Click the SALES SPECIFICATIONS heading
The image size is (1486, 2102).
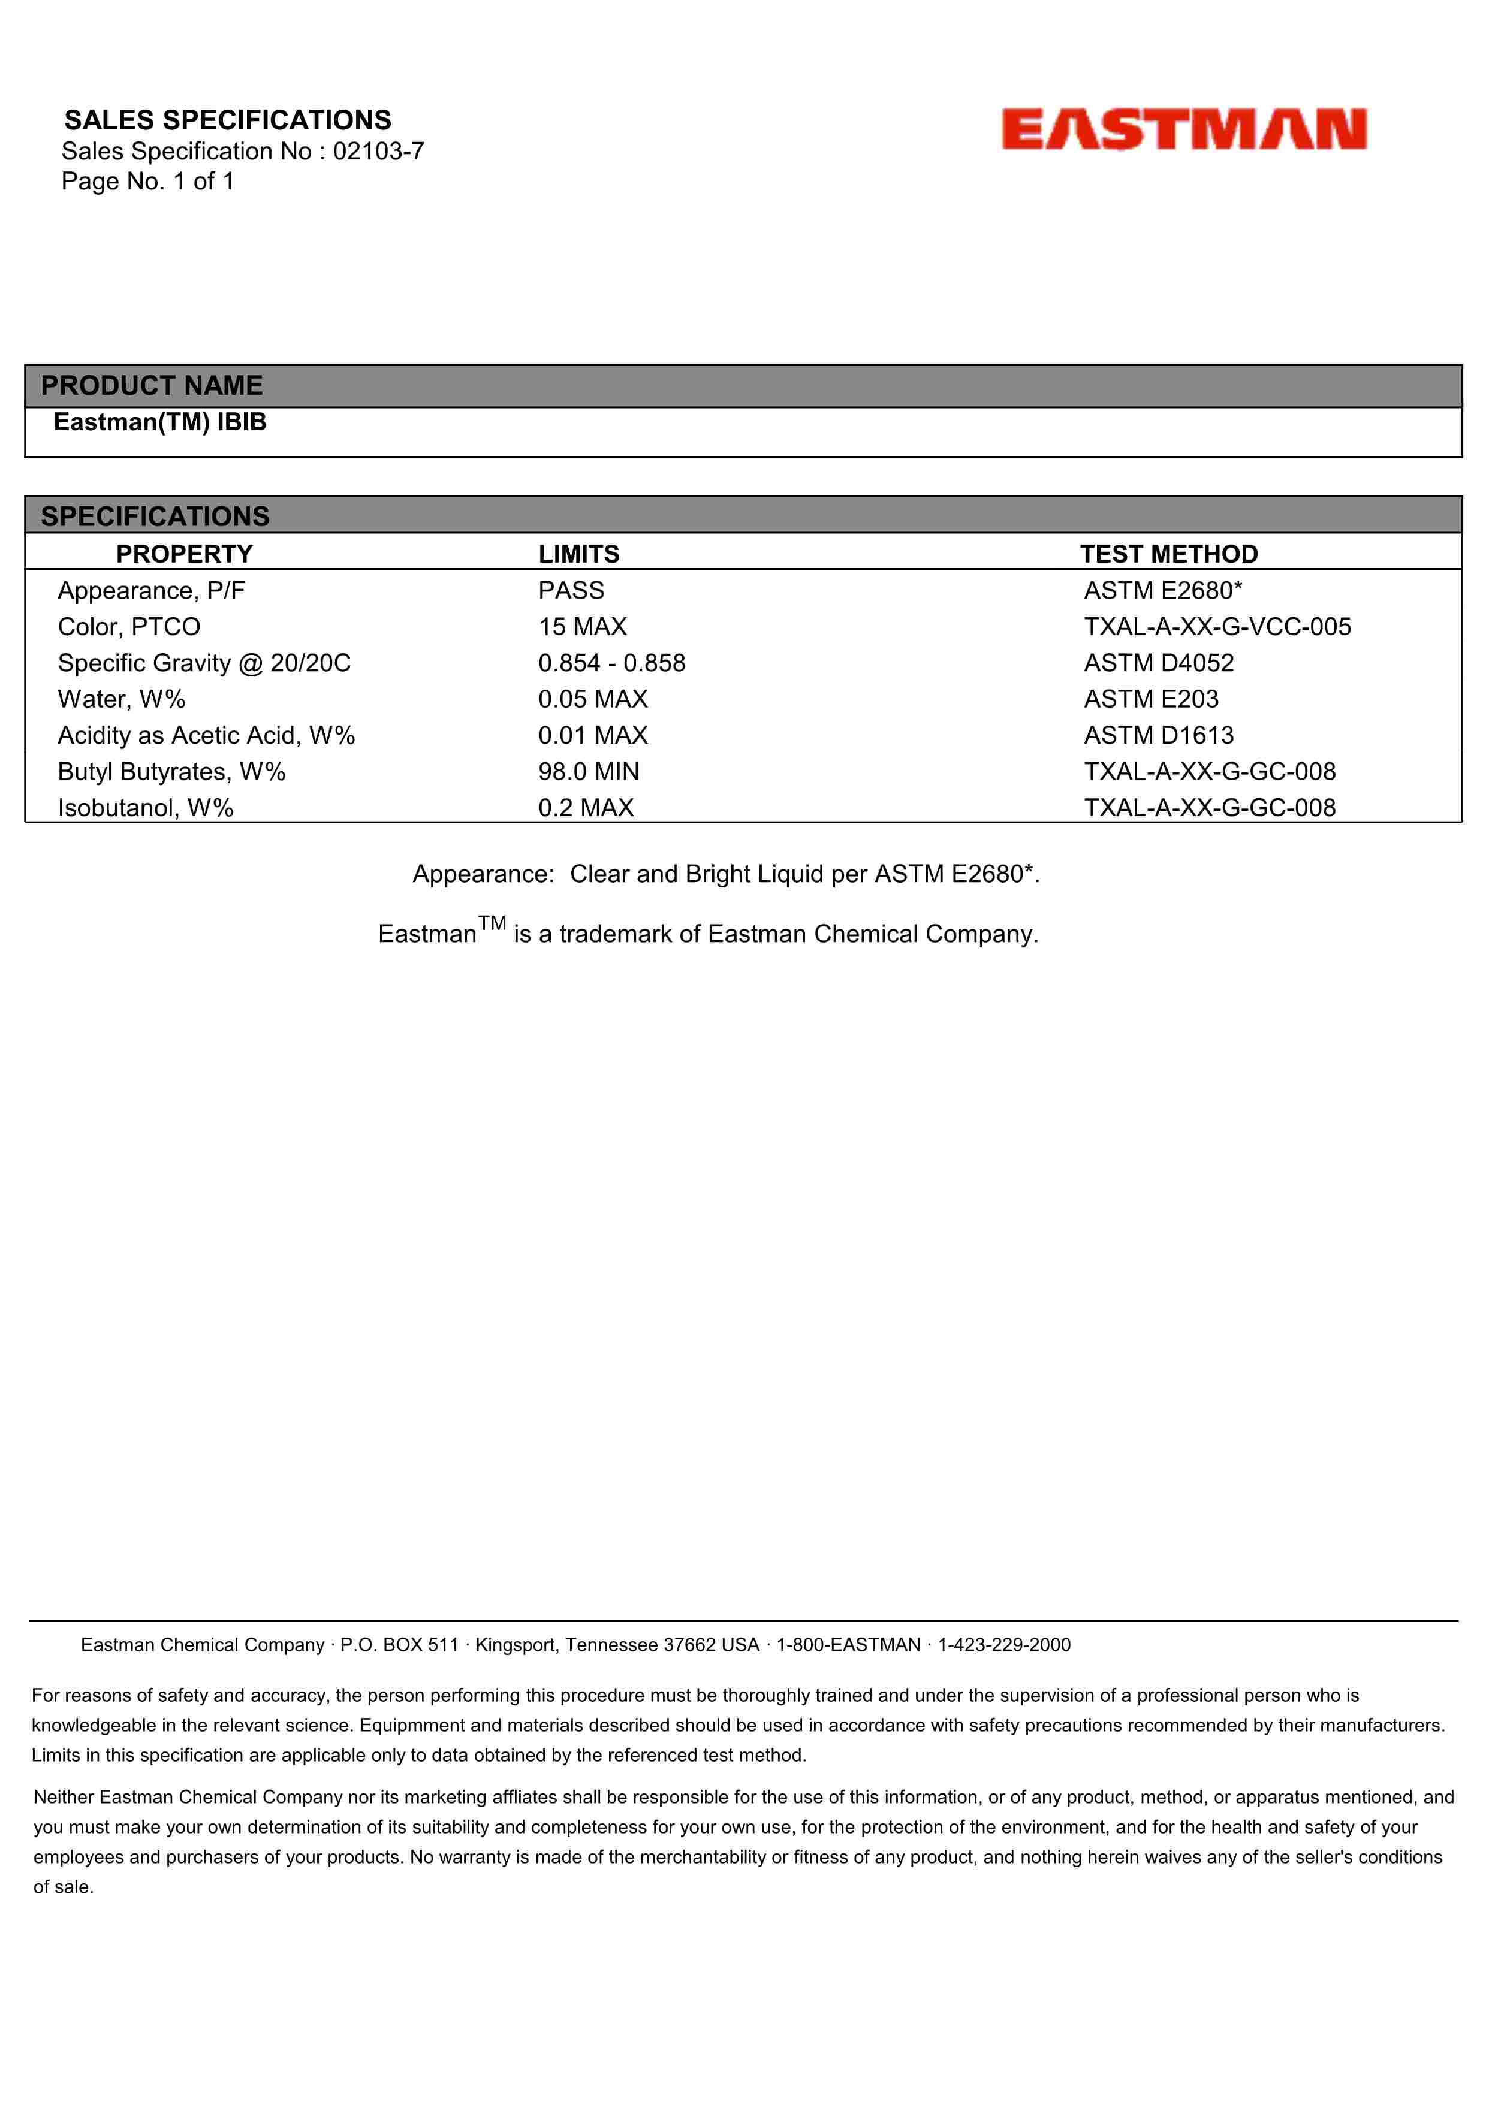pos(227,120)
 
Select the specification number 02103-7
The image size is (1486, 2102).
pos(378,151)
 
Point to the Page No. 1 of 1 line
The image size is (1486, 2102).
pos(147,182)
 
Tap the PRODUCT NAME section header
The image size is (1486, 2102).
pos(152,385)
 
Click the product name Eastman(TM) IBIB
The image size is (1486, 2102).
pos(160,422)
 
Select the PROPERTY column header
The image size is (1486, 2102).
pos(184,554)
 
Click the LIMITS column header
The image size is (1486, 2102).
pos(578,554)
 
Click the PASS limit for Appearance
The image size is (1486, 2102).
pos(571,590)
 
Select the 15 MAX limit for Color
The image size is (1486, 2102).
pos(582,626)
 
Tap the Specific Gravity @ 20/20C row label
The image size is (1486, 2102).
pos(204,663)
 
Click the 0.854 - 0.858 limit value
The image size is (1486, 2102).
pos(611,663)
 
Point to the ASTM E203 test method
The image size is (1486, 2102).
pos(1151,699)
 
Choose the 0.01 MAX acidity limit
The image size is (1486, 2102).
pos(592,735)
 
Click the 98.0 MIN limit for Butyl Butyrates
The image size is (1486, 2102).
pos(589,772)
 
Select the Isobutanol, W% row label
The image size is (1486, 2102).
pos(146,808)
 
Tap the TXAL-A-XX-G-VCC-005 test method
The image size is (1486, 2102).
pos(1217,626)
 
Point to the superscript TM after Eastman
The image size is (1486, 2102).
pos(492,923)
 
